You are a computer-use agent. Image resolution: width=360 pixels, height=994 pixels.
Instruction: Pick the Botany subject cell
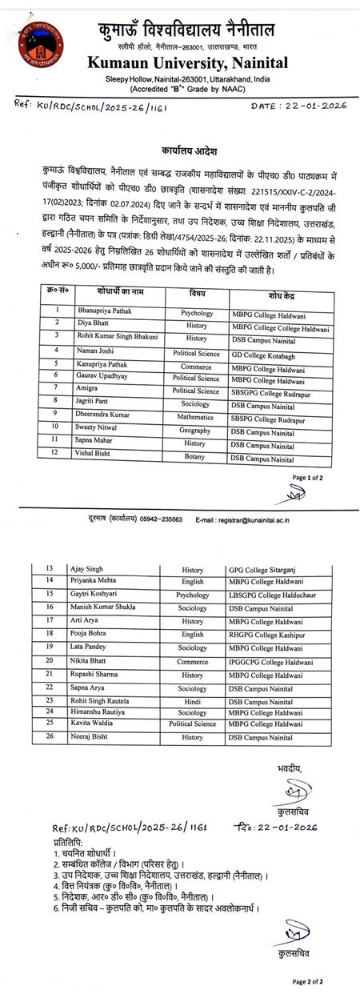(195, 459)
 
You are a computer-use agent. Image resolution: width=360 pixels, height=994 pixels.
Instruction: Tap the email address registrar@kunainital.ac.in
(244, 519)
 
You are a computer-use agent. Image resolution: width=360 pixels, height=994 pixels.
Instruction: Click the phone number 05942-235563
(163, 519)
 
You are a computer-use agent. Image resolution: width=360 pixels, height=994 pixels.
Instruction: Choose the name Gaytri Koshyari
(104, 595)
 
